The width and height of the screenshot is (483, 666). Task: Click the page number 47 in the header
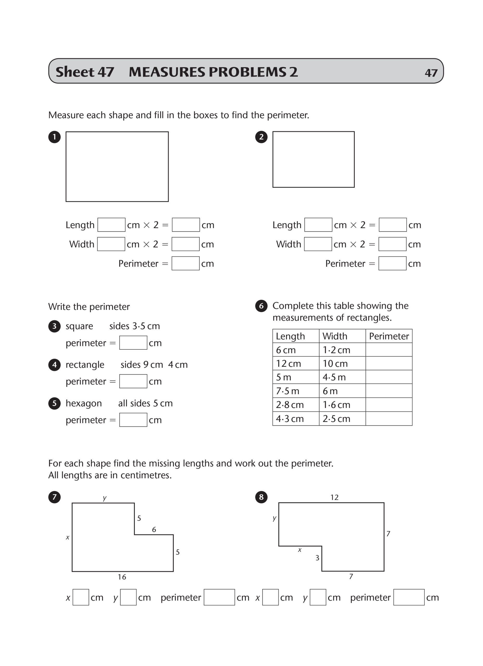(x=431, y=73)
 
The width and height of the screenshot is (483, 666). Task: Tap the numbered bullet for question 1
(x=54, y=137)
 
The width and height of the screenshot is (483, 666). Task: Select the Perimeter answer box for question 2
(x=392, y=263)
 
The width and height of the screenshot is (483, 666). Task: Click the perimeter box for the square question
(x=133, y=342)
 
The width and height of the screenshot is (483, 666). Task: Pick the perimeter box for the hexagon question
(x=133, y=420)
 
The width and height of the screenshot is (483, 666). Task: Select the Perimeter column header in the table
(x=389, y=336)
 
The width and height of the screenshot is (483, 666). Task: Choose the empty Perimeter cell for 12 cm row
(x=389, y=363)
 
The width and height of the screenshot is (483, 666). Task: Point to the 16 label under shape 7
(x=122, y=577)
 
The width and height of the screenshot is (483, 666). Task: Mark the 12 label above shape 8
(x=334, y=497)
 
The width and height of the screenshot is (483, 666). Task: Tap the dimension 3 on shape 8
(x=317, y=558)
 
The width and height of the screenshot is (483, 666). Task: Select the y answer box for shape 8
(x=318, y=597)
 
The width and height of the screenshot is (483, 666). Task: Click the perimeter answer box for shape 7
(x=219, y=597)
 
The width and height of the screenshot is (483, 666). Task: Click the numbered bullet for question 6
(x=261, y=306)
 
